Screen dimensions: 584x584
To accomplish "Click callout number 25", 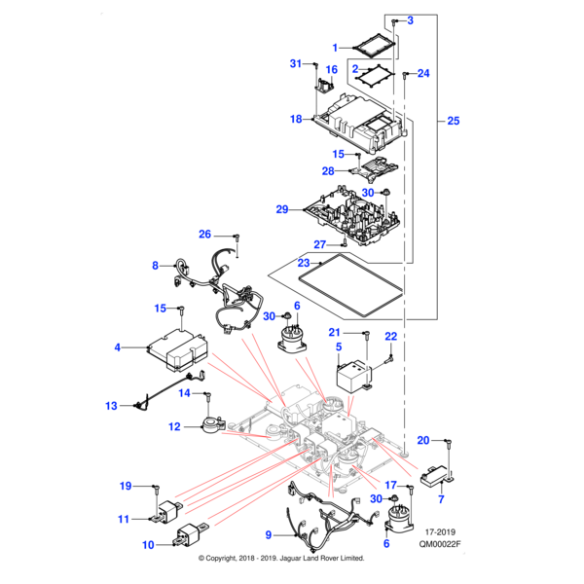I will (x=454, y=122).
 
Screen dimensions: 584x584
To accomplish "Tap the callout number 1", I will (x=336, y=47).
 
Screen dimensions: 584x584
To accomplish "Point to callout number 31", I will (x=297, y=64).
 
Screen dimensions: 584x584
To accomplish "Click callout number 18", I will (x=297, y=119).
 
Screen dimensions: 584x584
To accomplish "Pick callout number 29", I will (x=282, y=209).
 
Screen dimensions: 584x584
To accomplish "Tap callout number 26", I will (x=204, y=235).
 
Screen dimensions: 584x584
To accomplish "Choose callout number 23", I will (x=303, y=263).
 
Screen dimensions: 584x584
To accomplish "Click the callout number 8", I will (x=155, y=265).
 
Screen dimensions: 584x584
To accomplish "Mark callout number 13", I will (x=111, y=405).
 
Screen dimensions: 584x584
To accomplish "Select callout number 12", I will (x=174, y=426).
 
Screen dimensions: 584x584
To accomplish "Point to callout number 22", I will (x=391, y=337).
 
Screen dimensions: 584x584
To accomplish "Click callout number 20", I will (x=422, y=440).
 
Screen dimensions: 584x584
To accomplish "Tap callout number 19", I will (x=126, y=486).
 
